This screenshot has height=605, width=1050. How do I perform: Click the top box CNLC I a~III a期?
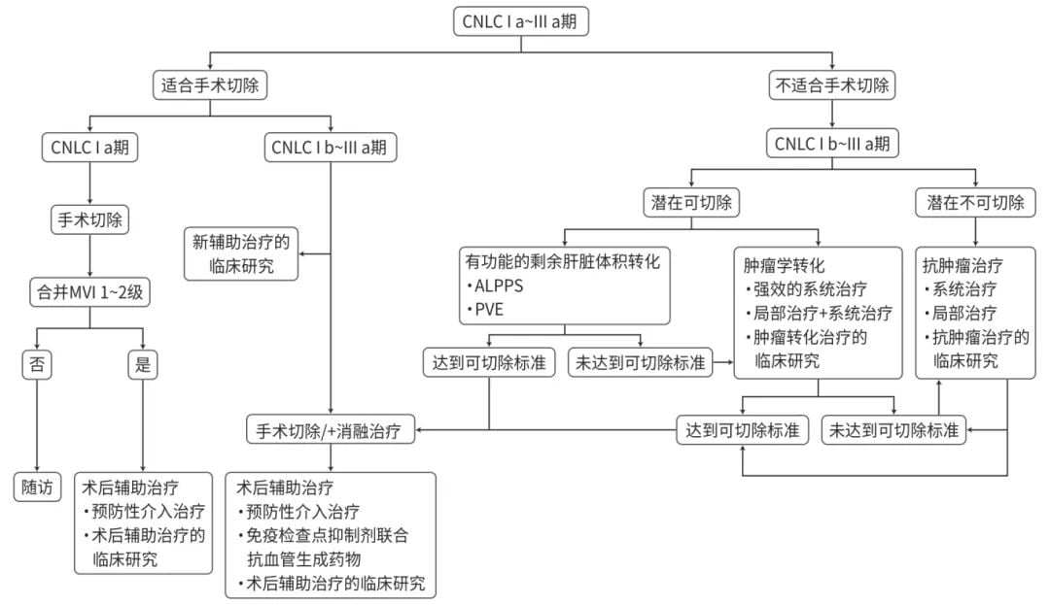click(x=524, y=21)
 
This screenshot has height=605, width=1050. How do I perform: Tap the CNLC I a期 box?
click(x=90, y=148)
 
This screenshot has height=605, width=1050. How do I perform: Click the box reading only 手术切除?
click(x=90, y=219)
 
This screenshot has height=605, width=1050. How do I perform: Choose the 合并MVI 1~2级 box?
click(x=90, y=291)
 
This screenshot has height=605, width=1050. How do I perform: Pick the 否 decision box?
click(x=37, y=364)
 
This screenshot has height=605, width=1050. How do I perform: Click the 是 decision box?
click(x=143, y=364)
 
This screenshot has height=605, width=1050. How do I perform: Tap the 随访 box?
click(x=37, y=487)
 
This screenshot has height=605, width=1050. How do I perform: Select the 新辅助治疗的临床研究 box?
click(x=241, y=253)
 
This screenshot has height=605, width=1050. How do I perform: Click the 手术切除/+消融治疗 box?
click(x=331, y=430)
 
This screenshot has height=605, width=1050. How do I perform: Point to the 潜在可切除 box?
click(x=690, y=203)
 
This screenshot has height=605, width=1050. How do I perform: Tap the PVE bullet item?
click(x=489, y=310)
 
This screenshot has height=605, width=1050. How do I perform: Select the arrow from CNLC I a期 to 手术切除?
click(x=90, y=184)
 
